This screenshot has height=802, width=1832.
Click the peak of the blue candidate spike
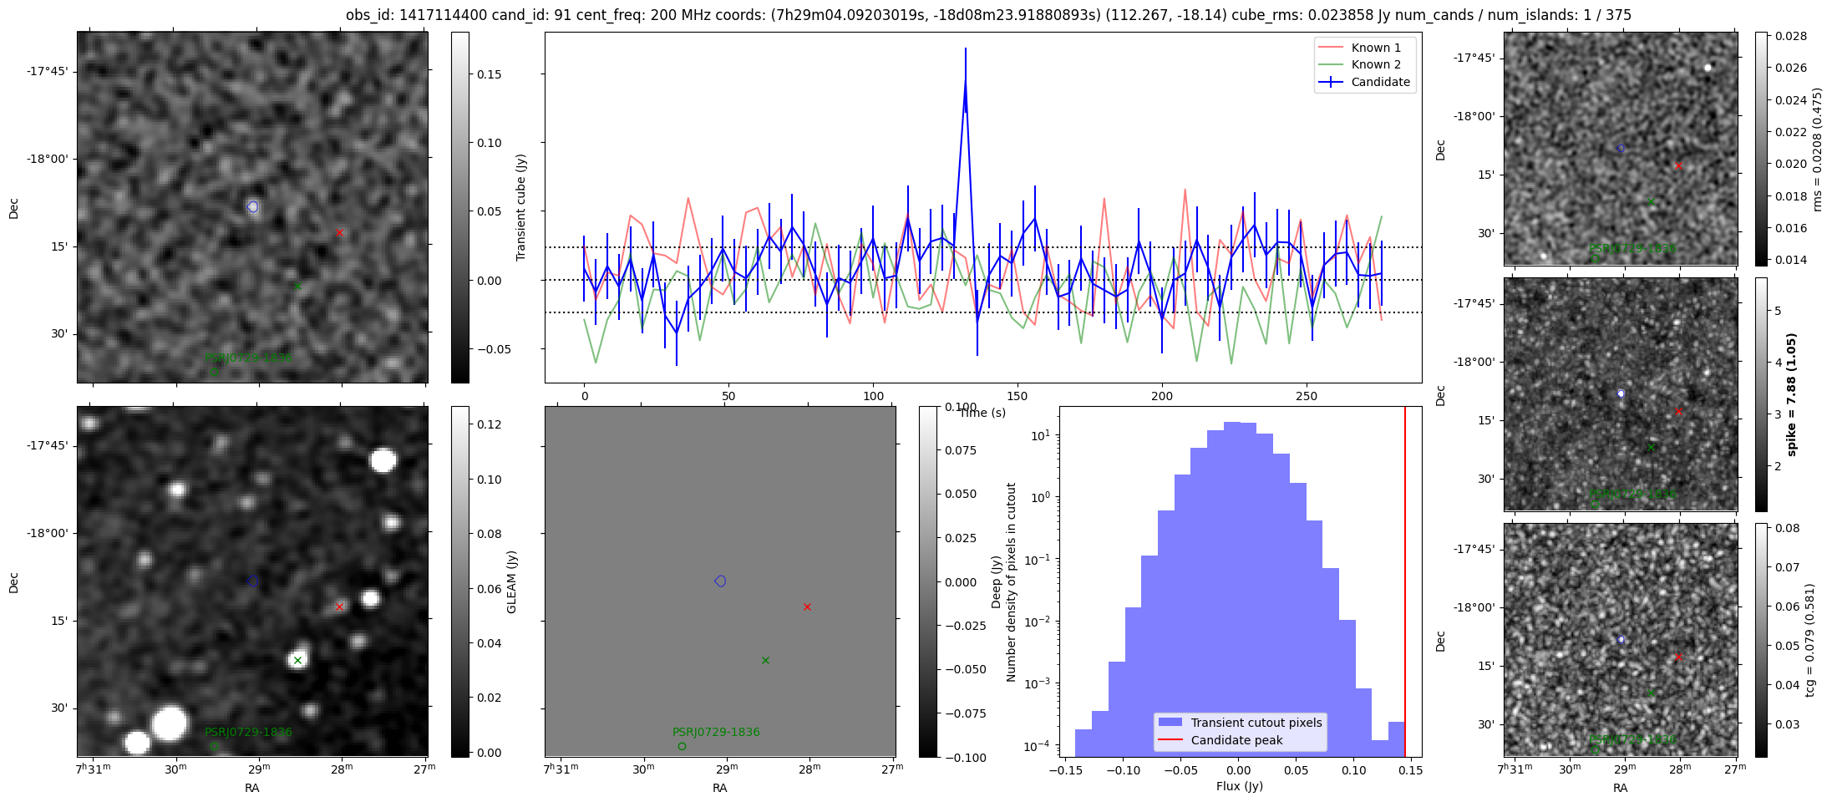(965, 79)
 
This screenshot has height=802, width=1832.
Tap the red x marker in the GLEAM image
(339, 607)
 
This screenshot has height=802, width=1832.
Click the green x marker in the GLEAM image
(297, 660)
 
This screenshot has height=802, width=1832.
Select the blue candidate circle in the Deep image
(720, 581)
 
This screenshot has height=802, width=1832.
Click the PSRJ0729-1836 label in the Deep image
(716, 732)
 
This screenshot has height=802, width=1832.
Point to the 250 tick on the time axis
(1306, 396)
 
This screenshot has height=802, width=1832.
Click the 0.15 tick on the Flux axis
(1410, 770)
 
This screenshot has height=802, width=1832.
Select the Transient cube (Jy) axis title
(521, 207)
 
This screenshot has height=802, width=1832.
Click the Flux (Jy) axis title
(1240, 786)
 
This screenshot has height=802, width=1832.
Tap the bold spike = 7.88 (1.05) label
(1791, 394)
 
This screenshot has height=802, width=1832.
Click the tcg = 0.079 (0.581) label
(1809, 640)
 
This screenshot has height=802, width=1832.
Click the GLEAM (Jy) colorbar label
(511, 581)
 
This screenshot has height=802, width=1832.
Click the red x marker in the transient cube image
(339, 232)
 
